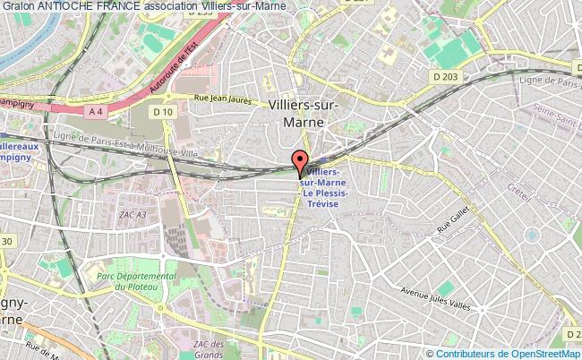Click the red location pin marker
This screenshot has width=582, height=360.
tap(299, 162)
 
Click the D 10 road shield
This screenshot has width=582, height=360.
tap(162, 111)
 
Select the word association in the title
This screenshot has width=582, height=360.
tap(170, 6)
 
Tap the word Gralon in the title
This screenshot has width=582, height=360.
tap(18, 6)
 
